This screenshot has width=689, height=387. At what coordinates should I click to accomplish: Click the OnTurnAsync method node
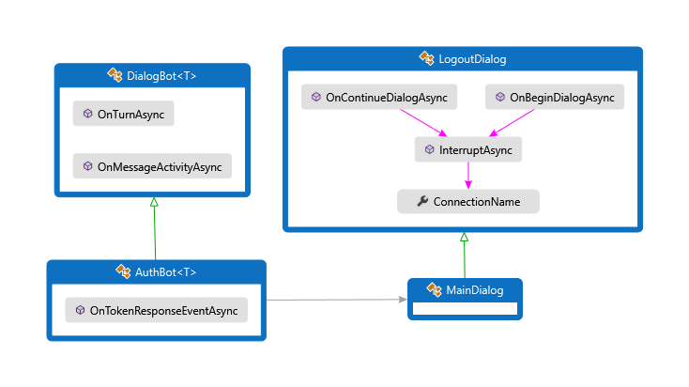[124, 114]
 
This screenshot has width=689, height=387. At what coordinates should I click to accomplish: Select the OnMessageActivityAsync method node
[152, 166]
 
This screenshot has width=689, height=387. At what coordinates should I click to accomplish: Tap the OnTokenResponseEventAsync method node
[156, 310]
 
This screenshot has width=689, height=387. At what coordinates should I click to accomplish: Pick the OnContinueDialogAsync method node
[379, 98]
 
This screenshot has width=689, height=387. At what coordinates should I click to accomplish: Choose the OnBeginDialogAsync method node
[555, 98]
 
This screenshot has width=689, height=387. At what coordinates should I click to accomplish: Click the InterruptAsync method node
[467, 149]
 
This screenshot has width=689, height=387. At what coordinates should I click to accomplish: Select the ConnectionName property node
[467, 201]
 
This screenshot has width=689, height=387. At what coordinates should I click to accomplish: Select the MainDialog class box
[464, 298]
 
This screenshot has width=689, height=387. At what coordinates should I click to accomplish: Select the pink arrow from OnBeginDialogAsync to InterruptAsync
[512, 123]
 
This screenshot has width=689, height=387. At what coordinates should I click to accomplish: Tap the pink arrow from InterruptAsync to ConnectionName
[467, 175]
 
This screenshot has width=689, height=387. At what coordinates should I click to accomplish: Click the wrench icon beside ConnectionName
[421, 201]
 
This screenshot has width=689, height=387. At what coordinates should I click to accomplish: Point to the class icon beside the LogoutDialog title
[427, 59]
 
